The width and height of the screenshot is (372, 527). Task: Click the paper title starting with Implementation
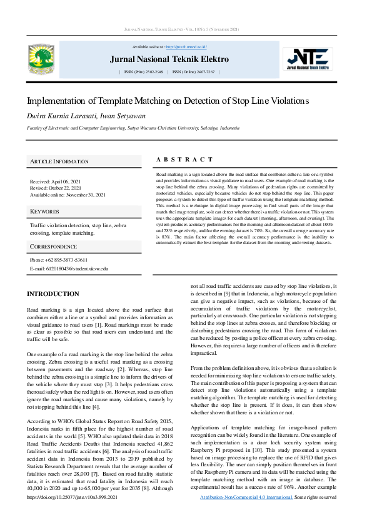(x=168, y=101)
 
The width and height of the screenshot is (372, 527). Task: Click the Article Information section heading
(x=59, y=161)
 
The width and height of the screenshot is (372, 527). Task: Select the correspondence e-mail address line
(x=69, y=268)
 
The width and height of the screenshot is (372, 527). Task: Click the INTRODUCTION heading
(x=53, y=294)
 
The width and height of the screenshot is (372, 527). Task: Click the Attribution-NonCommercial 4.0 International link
(x=246, y=514)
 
